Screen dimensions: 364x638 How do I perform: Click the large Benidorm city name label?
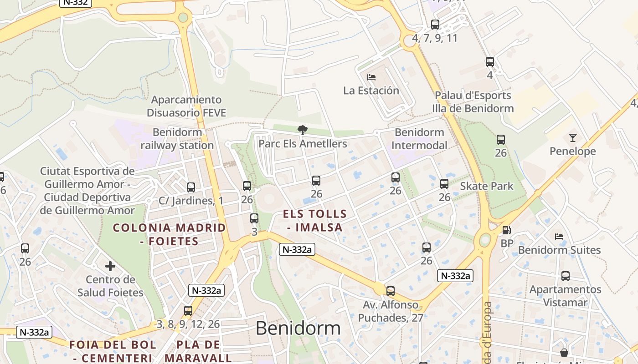coord(298,328)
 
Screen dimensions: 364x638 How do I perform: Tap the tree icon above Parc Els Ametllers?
coord(302,130)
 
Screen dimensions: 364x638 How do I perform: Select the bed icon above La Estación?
coord(371,77)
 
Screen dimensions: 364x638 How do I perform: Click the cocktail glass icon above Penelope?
coord(572,137)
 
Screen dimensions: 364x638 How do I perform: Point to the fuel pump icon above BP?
coord(506,230)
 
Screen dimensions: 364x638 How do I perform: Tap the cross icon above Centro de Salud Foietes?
coord(110,266)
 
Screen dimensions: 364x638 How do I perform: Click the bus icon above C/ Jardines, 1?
coord(191,187)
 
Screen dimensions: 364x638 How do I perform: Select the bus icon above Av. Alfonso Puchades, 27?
coord(390,291)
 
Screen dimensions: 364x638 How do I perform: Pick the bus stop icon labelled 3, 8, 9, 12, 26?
coord(188,311)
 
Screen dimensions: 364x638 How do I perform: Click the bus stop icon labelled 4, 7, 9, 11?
coord(435,25)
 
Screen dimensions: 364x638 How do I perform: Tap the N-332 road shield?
coord(76,2)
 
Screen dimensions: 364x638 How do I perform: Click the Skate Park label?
coord(486,186)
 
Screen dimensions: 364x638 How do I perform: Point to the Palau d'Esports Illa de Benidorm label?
coord(473,102)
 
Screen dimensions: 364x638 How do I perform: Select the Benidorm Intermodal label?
coord(419,139)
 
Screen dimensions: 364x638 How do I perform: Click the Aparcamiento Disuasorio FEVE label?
coord(186,106)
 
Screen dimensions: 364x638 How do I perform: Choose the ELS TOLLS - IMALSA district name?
coord(315,220)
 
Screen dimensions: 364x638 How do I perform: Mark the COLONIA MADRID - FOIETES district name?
coord(170,234)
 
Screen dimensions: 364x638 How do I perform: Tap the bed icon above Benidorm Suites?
coord(559,237)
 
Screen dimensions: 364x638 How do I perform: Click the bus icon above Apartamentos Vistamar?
coord(566,276)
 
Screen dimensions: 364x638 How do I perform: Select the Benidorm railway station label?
coord(177,139)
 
